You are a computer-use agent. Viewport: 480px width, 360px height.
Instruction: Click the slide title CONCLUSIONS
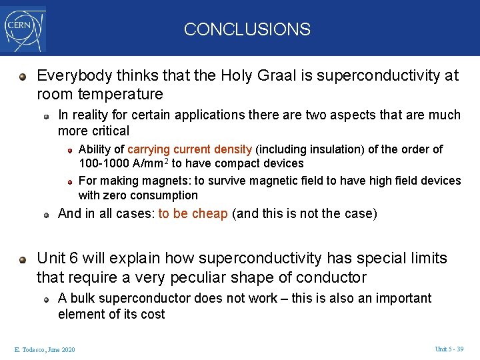247,29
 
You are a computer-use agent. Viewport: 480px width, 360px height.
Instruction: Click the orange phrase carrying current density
189,149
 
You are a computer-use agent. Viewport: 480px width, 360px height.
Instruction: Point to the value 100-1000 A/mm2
123,163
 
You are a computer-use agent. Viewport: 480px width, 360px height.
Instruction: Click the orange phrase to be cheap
193,214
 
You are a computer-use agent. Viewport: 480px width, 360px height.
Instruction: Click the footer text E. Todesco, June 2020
44,350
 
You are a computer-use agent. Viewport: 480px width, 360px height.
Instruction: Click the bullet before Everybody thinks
23,76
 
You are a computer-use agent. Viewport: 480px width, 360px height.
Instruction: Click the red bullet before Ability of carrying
69,149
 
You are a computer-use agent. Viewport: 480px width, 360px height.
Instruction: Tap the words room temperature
100,94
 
